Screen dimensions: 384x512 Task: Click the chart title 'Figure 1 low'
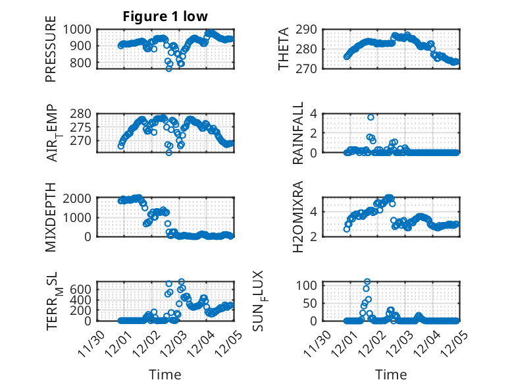(165, 17)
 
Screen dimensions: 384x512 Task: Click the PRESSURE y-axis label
(51, 53)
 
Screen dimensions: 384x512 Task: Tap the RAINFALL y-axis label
(298, 132)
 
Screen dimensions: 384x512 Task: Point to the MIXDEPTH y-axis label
(51, 217)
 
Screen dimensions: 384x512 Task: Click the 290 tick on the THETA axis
(309, 29)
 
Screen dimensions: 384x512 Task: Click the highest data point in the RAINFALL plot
(371, 117)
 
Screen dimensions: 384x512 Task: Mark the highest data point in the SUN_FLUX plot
(367, 282)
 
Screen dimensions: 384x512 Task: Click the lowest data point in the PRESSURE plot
(169, 68)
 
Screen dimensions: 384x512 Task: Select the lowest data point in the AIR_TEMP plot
(169, 152)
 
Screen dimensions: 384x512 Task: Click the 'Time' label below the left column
(165, 374)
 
